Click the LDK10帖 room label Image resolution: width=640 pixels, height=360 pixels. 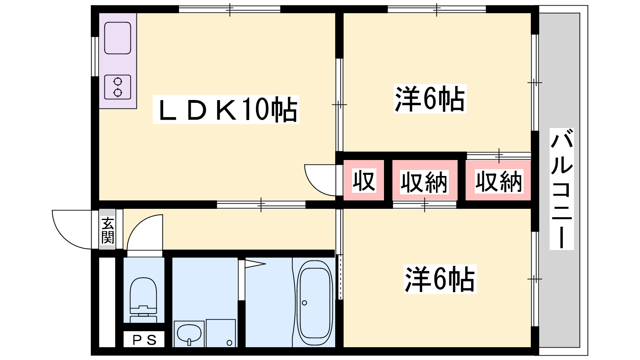(226, 110)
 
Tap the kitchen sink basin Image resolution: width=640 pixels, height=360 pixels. (118, 38)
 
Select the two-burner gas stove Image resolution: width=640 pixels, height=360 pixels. (118, 87)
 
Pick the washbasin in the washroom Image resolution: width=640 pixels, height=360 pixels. (189, 333)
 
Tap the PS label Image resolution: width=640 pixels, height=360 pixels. (144, 340)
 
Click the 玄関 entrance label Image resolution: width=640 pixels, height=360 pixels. (108, 230)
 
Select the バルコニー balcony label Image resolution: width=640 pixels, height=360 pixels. (562, 189)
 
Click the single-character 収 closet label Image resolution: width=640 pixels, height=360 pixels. (364, 180)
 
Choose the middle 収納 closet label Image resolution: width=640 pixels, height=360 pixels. (424, 182)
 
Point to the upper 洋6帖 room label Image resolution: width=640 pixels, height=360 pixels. (430, 98)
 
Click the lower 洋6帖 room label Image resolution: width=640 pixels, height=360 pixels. (440, 279)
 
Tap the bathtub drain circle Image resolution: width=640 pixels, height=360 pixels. (304, 303)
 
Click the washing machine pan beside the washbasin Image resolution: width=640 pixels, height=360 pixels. (221, 333)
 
